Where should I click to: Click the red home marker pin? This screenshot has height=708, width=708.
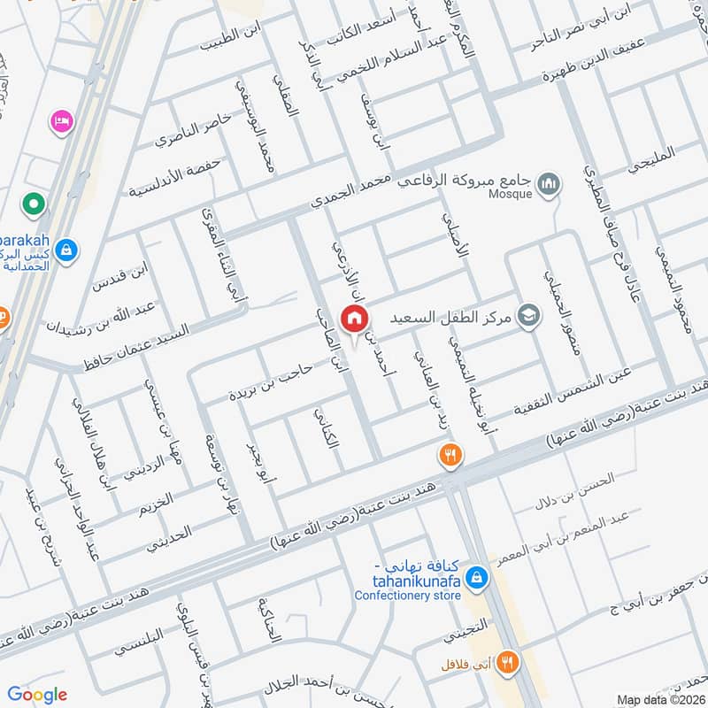[354, 319]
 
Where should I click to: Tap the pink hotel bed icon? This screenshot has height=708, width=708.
[61, 119]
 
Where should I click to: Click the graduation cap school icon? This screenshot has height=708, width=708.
[528, 315]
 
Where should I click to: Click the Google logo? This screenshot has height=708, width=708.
[38, 694]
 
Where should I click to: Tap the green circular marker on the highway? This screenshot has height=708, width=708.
[34, 204]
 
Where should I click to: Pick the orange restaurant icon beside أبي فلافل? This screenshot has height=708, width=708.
[507, 661]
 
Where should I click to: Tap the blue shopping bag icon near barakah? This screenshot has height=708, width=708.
[65, 251]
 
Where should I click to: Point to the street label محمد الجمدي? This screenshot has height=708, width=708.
[350, 192]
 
